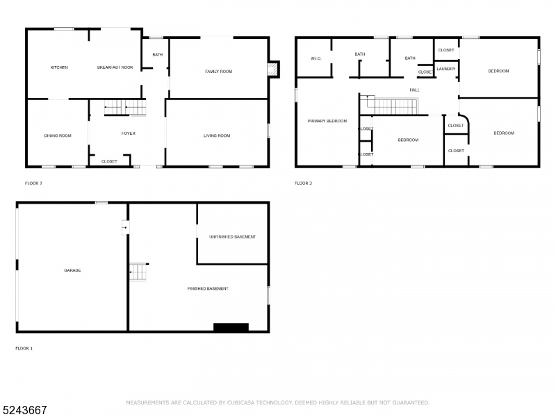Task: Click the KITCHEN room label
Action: [x=59, y=67]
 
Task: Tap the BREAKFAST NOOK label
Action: [x=115, y=67]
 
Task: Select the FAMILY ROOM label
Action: [x=218, y=72]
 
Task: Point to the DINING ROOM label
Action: [x=58, y=136]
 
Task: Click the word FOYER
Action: [x=129, y=133]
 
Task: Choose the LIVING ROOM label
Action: [x=217, y=136]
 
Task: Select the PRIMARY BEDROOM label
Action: [x=327, y=121]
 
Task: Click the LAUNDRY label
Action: [x=446, y=69]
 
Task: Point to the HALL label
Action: [x=414, y=90]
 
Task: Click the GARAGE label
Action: [x=73, y=270]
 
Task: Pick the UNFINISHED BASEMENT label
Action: [x=232, y=237]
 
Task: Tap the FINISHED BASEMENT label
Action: [x=208, y=288]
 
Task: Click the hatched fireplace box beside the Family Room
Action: [x=275, y=69]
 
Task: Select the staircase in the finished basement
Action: [x=139, y=272]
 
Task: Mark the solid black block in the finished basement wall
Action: [x=231, y=327]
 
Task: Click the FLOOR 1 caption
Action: [x=24, y=347]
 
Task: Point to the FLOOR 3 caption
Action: [x=304, y=183]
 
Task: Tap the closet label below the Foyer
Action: [x=109, y=161]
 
